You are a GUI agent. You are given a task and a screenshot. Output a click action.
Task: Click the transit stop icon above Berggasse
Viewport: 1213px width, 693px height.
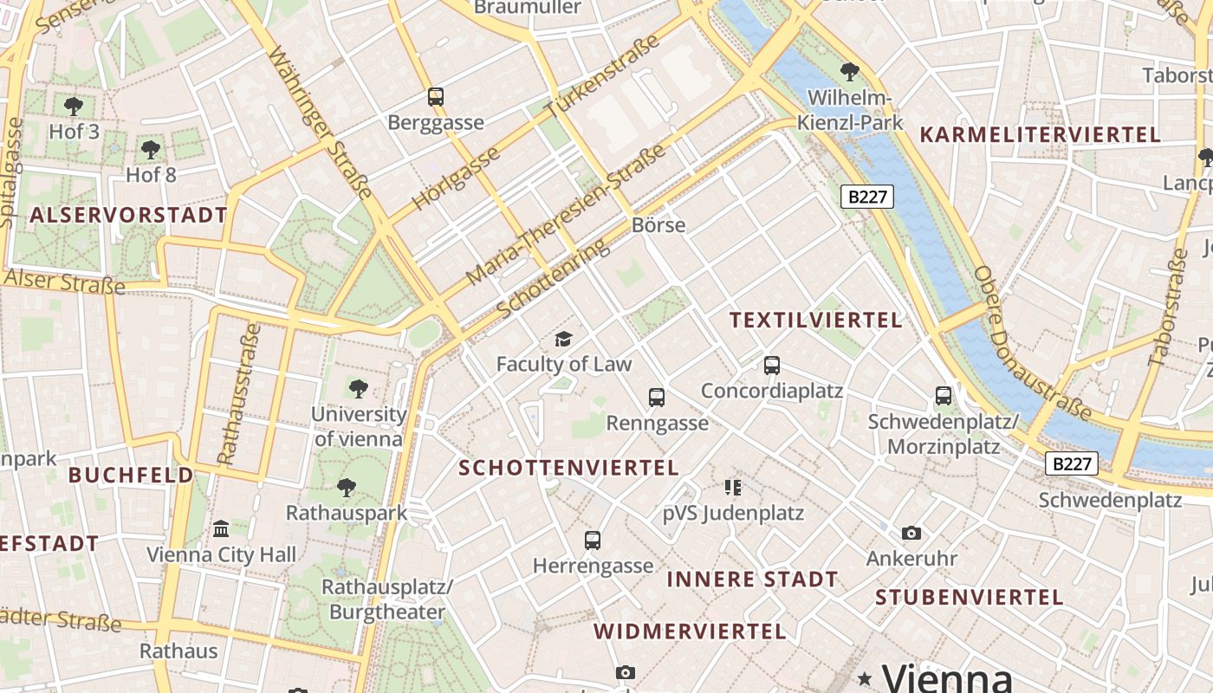[x=436, y=97]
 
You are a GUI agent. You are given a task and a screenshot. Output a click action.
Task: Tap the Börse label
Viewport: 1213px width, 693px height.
[x=658, y=225]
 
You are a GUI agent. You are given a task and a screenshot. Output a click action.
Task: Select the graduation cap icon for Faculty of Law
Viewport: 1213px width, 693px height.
[x=564, y=339]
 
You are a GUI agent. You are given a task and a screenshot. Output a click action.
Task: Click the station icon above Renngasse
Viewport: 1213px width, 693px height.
[x=657, y=398]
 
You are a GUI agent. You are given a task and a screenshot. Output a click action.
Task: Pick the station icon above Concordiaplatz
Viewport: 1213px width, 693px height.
[x=772, y=366]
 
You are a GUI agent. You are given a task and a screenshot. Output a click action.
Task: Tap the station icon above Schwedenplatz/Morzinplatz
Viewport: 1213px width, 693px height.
[x=944, y=396]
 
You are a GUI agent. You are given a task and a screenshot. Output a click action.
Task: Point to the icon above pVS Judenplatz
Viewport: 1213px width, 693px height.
[x=733, y=488]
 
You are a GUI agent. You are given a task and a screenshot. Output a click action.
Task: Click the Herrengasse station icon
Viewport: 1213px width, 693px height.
[x=593, y=541]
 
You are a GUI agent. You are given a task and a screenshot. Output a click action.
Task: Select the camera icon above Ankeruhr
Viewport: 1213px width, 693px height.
[x=911, y=533]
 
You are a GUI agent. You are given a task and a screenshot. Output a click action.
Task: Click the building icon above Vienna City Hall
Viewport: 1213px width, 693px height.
[x=221, y=528]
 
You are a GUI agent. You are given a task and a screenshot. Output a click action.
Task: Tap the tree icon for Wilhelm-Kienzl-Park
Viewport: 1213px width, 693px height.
[x=850, y=71]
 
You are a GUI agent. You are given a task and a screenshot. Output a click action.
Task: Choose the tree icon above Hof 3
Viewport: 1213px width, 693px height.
[x=74, y=107]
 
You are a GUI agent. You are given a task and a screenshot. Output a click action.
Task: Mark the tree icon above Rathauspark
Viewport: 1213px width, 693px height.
[x=347, y=488]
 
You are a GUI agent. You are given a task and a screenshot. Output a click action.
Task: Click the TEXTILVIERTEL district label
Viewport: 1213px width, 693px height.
[x=815, y=320]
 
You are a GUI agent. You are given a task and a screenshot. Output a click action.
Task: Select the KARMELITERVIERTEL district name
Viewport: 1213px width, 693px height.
[x=1040, y=135]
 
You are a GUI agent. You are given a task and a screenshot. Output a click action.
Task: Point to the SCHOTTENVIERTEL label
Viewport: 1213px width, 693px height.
[x=568, y=468]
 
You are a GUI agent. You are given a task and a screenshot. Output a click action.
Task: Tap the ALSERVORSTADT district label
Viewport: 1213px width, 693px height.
[x=129, y=216]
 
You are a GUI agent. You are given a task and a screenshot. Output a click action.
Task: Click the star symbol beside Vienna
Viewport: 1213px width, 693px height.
[x=864, y=677]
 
